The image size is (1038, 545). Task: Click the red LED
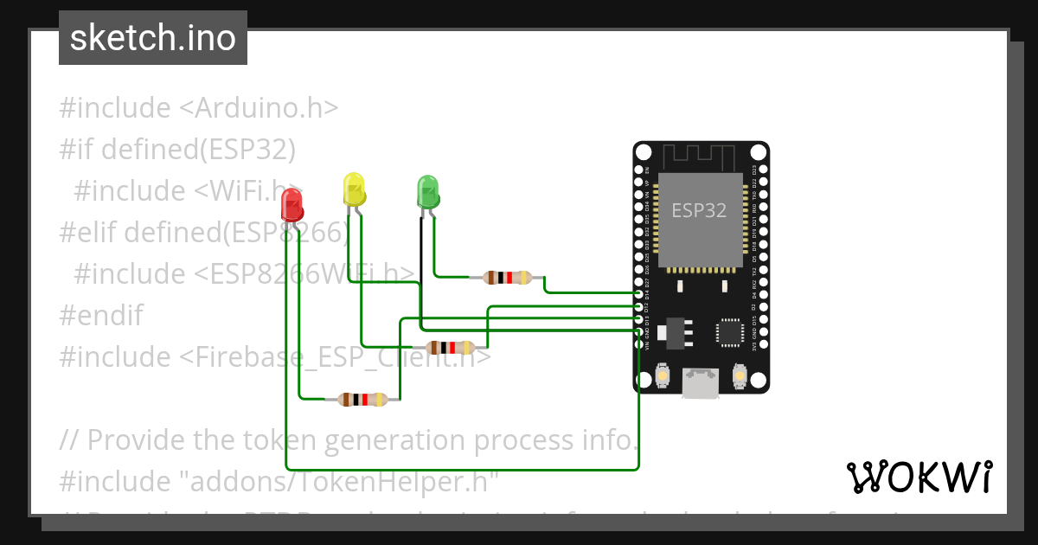click(x=292, y=207)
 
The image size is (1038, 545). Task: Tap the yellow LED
click(x=354, y=189)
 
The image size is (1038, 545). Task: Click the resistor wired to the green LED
click(x=508, y=278)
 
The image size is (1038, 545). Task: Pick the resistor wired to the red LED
click(x=362, y=399)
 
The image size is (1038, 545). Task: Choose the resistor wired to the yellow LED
click(x=451, y=347)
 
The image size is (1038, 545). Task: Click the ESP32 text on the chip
click(x=699, y=210)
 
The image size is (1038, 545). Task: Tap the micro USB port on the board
click(x=701, y=381)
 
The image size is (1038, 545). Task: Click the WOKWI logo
click(x=918, y=477)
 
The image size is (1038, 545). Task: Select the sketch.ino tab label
click(x=152, y=38)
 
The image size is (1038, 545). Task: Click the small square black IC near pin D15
click(x=728, y=332)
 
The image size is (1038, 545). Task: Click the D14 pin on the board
click(x=640, y=295)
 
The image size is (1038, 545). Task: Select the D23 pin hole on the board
click(x=762, y=169)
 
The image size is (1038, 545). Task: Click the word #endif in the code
click(x=101, y=315)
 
